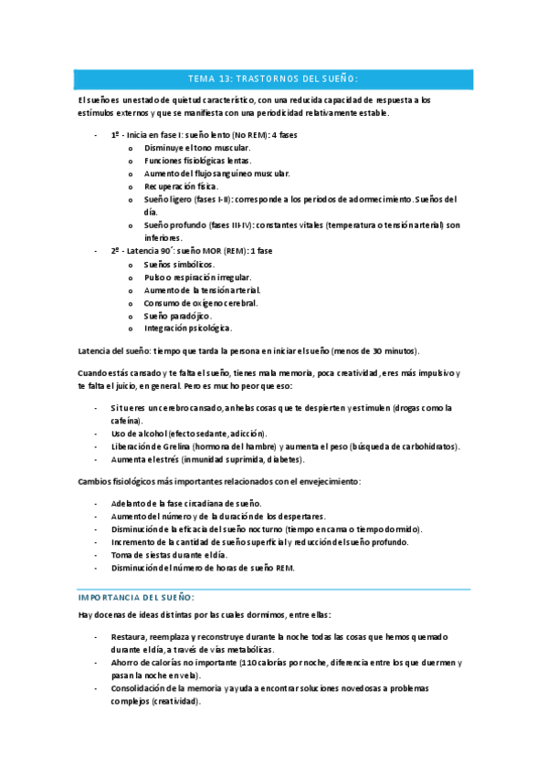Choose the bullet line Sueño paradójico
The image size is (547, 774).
click(x=177, y=315)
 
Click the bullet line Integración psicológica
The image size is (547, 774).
click(x=187, y=328)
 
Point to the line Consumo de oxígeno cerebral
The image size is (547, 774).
click(x=200, y=302)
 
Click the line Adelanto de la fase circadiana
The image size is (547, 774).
click(x=185, y=504)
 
